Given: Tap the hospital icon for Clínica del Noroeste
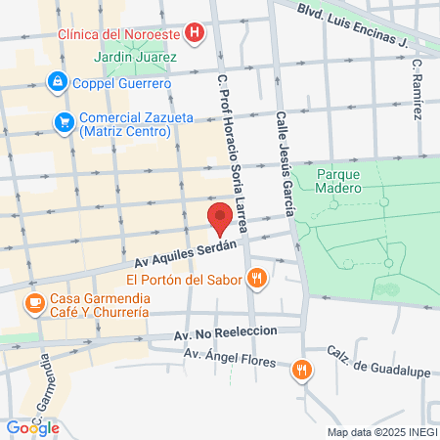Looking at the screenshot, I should point(197,33).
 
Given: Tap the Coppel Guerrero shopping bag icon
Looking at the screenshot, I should point(57,83).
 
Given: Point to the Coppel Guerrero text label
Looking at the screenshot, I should point(122,83).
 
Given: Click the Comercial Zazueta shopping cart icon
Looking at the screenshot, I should point(65,122).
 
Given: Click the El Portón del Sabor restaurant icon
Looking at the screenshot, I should point(257,279).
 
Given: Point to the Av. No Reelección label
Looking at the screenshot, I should point(225,332).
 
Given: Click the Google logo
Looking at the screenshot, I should point(32,427).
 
